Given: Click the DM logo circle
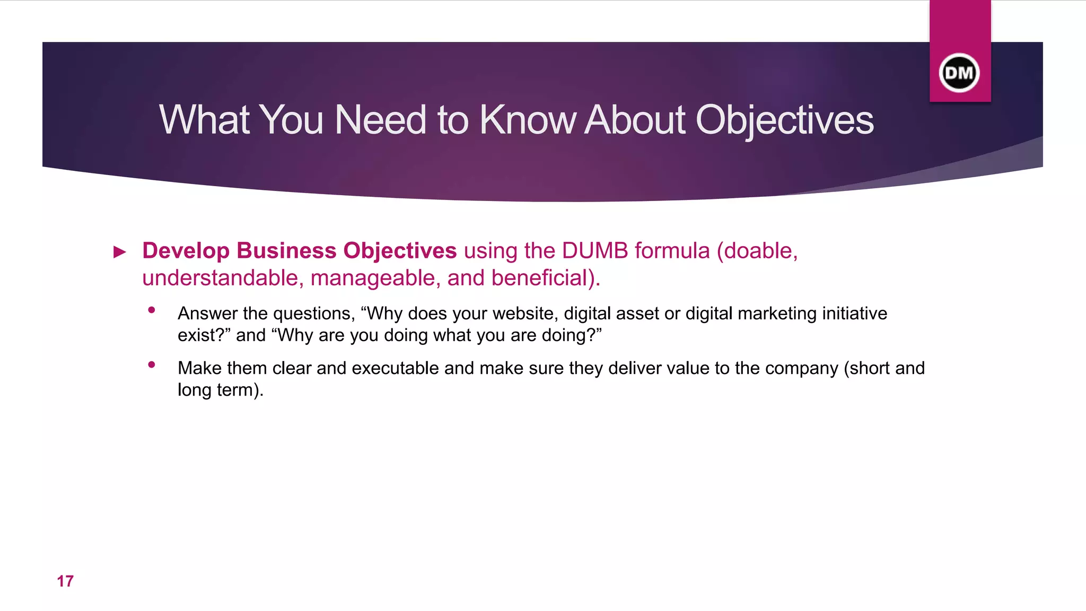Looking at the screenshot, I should click(959, 73).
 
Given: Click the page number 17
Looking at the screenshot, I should click(65, 581).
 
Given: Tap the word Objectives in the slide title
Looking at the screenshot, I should click(784, 120).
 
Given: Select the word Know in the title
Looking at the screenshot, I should click(527, 120).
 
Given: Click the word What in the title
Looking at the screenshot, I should click(204, 120).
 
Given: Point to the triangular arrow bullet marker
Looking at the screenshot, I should click(120, 252).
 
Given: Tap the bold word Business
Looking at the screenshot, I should click(286, 251).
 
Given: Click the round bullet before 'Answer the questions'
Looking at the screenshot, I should click(152, 310).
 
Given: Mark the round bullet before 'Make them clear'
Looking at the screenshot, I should click(152, 365).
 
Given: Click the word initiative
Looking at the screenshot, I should click(854, 313).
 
